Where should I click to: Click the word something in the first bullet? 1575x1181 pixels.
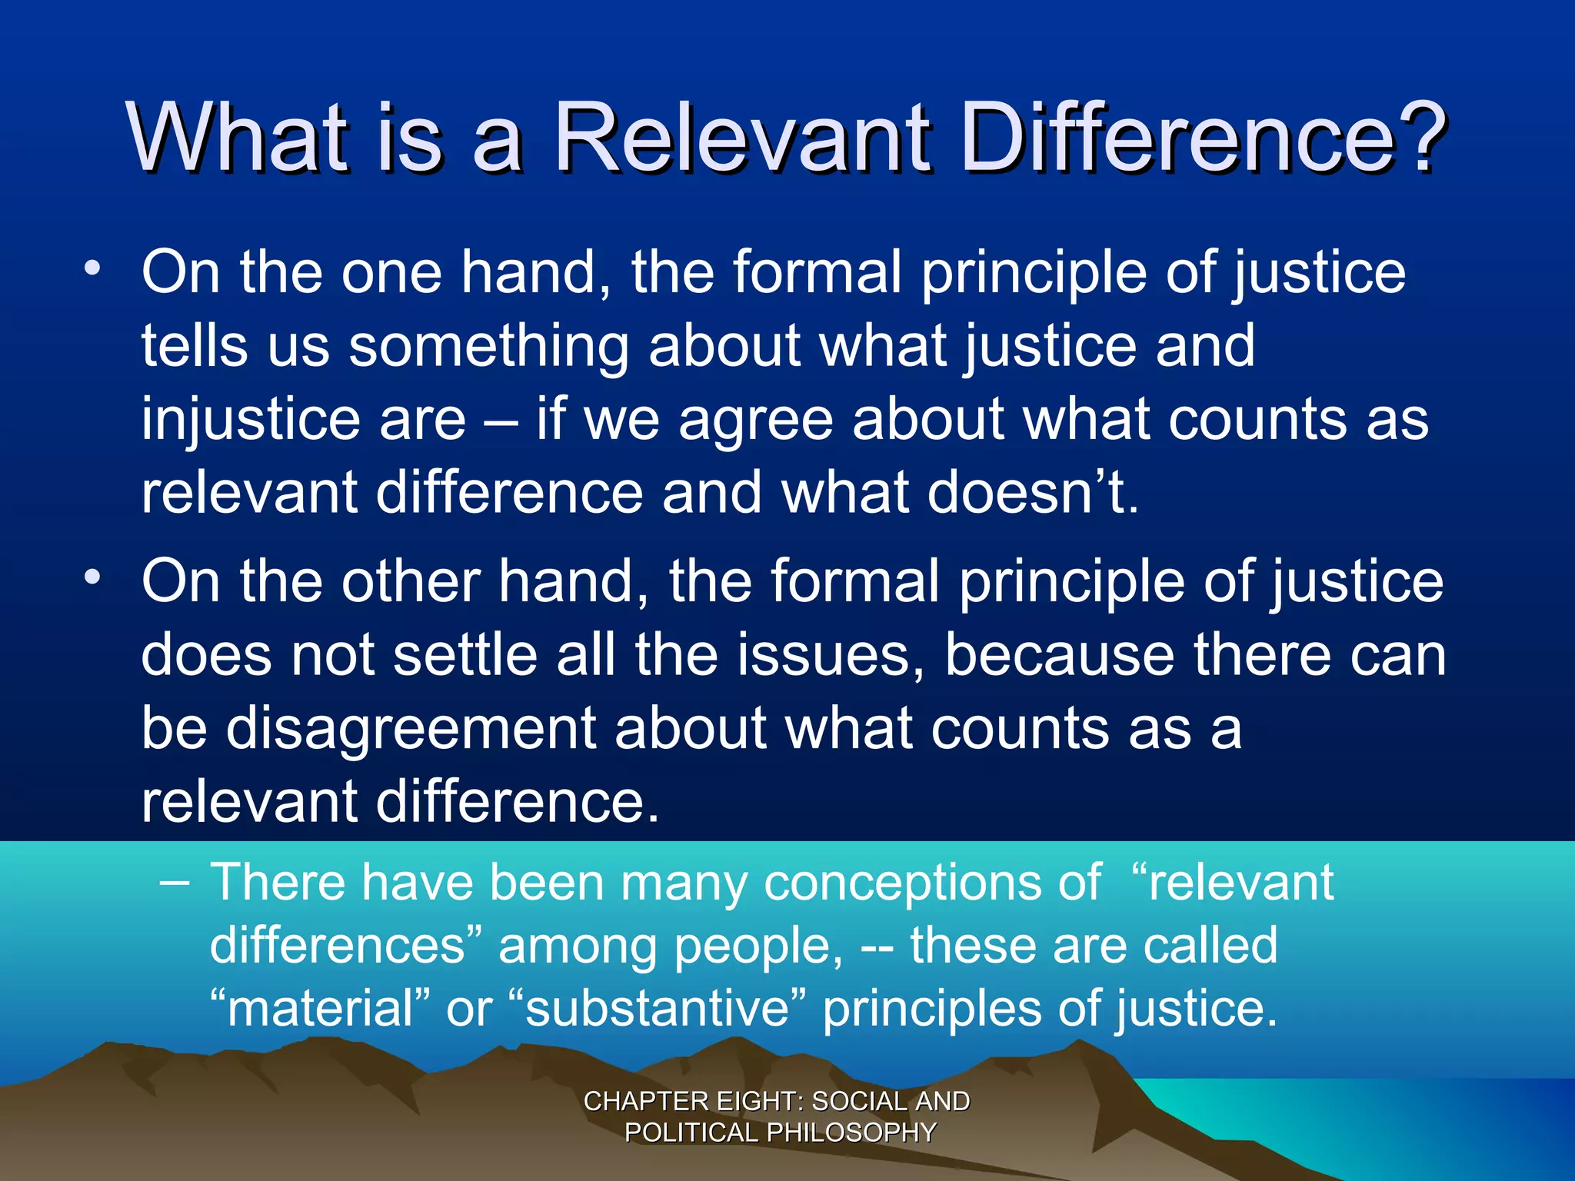[488, 347]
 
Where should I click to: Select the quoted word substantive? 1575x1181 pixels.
[658, 1008]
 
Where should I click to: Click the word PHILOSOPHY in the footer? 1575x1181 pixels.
[851, 1133]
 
